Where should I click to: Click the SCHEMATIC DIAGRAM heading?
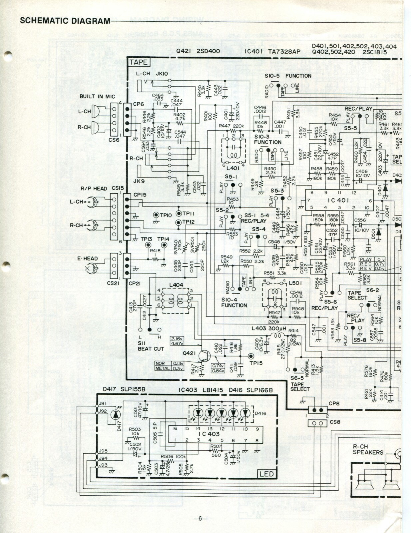tap(65, 21)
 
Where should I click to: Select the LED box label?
tap(266, 473)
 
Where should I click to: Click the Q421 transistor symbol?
tap(204, 356)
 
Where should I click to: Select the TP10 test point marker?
tap(156, 215)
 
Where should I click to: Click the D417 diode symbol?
tap(116, 414)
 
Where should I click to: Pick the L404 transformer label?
tap(176, 285)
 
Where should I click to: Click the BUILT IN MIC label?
tap(97, 97)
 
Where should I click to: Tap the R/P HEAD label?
tap(94, 189)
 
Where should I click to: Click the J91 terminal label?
tap(103, 404)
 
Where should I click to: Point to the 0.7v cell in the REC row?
tap(378, 264)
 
